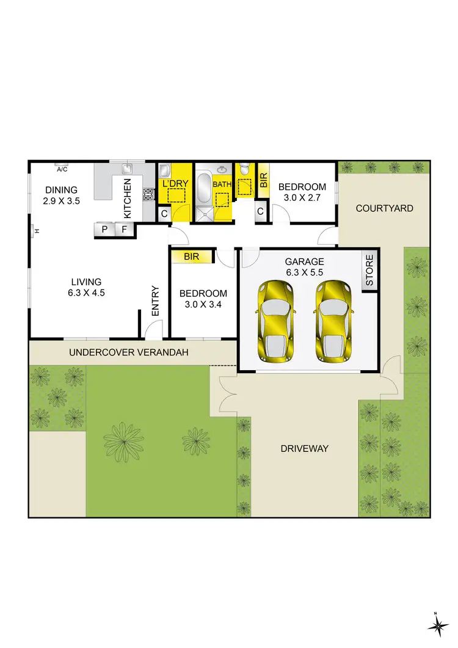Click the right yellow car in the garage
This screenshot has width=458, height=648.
(x=334, y=321)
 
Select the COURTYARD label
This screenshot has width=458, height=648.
(x=384, y=208)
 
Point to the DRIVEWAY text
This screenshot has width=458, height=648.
(x=304, y=448)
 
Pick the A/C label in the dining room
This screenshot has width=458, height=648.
(x=62, y=169)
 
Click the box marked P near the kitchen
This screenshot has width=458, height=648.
(x=104, y=230)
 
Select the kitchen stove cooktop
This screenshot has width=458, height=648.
(x=148, y=195)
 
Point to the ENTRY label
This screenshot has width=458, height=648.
(x=155, y=301)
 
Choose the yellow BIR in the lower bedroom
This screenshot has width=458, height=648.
(x=192, y=257)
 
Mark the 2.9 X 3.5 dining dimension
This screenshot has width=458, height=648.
(x=61, y=200)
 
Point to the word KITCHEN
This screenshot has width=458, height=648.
(x=128, y=198)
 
